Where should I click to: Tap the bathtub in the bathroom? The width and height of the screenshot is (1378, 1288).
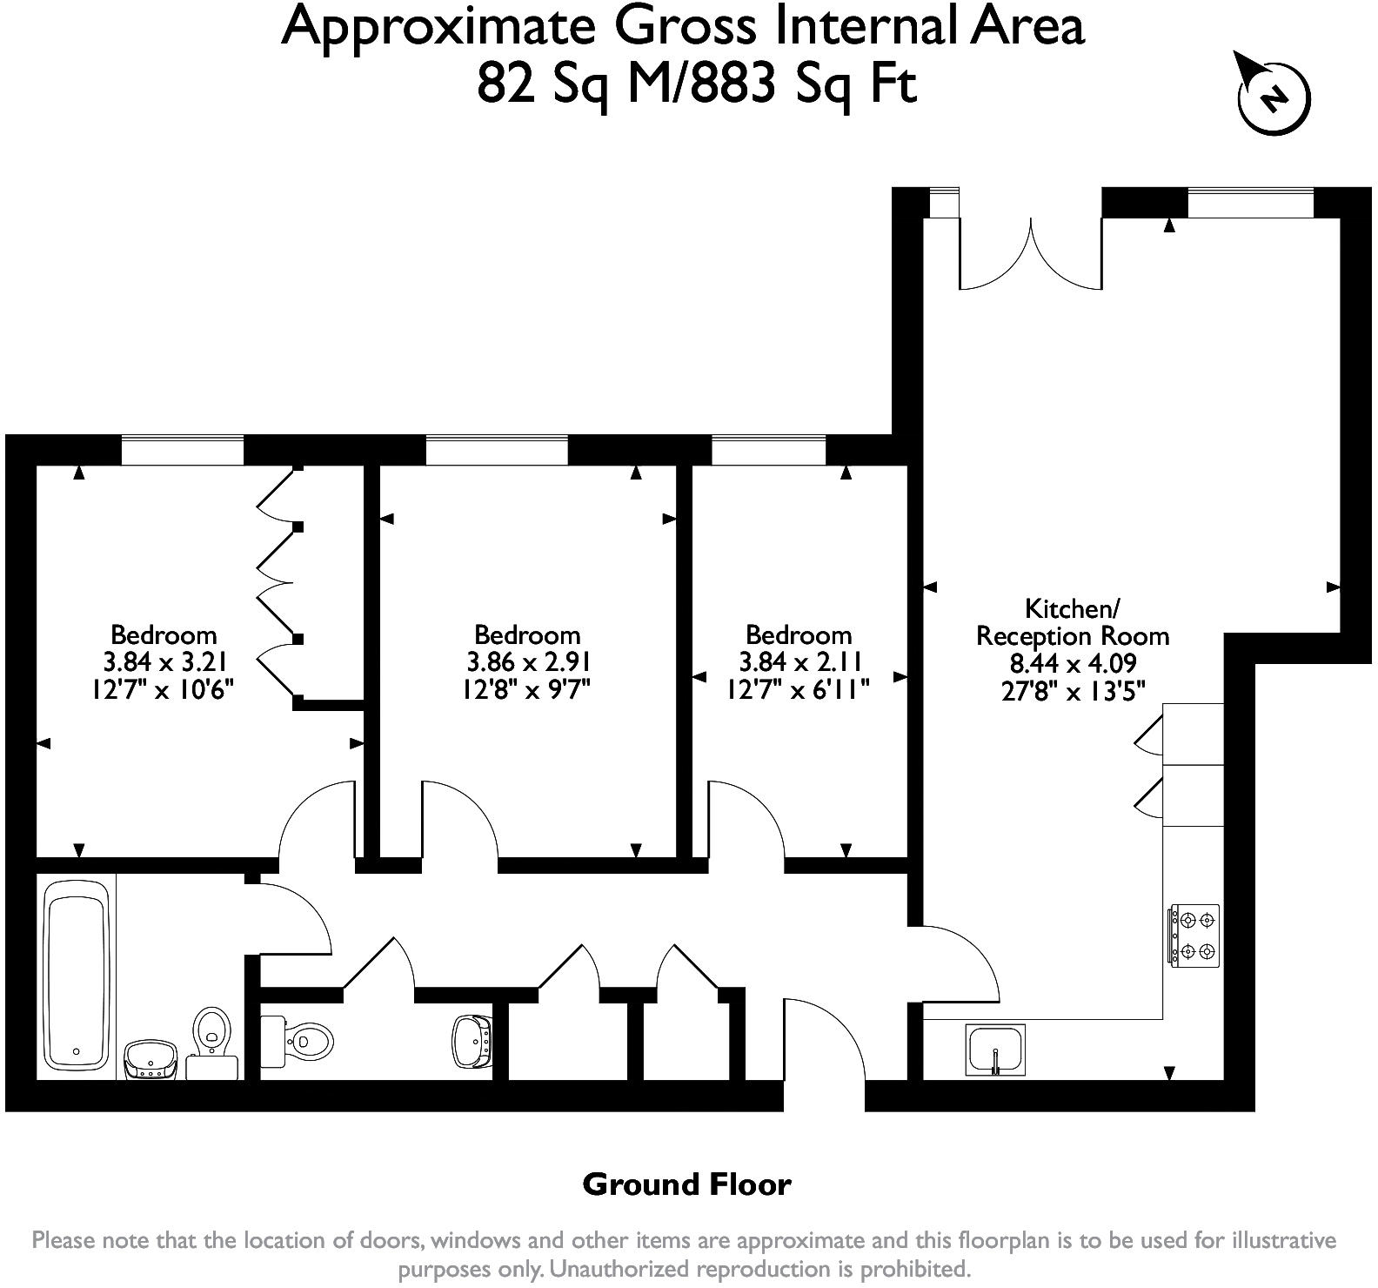pyautogui.click(x=77, y=976)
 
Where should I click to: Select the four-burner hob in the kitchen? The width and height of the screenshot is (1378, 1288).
pyautogui.click(x=1194, y=936)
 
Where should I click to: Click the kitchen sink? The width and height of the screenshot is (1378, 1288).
pyautogui.click(x=996, y=1050)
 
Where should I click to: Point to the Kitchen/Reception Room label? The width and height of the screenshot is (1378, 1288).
pyautogui.click(x=1073, y=621)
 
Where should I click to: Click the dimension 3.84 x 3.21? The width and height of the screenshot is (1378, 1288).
pyautogui.click(x=164, y=662)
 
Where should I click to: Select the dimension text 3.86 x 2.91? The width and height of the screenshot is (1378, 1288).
pyautogui.click(x=528, y=662)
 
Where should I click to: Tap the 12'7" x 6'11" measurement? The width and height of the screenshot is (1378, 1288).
pyautogui.click(x=799, y=690)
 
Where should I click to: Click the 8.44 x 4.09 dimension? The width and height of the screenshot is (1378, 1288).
pyautogui.click(x=1073, y=663)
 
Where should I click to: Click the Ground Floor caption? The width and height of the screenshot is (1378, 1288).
pyautogui.click(x=687, y=1184)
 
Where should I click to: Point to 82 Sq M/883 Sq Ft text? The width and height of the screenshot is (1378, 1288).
pyautogui.click(x=697, y=85)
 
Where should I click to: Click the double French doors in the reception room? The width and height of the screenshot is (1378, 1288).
pyautogui.click(x=1031, y=253)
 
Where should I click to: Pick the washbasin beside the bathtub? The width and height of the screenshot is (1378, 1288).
pyautogui.click(x=151, y=1060)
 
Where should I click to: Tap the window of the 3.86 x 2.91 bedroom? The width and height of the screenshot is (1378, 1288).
pyautogui.click(x=497, y=451)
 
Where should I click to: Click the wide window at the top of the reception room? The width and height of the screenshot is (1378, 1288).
pyautogui.click(x=1250, y=203)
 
